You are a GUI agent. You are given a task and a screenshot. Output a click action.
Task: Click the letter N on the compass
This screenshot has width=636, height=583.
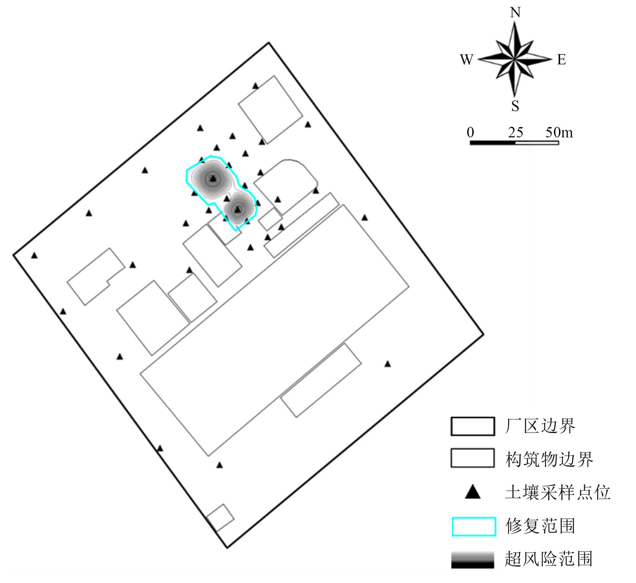pyautogui.click(x=515, y=13)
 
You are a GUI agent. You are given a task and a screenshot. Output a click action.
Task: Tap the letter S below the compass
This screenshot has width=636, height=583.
pyautogui.click(x=515, y=106)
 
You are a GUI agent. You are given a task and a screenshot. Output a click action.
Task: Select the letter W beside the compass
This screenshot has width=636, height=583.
pyautogui.click(x=467, y=60)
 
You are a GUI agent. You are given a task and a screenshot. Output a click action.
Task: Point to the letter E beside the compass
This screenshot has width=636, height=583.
pyautogui.click(x=561, y=60)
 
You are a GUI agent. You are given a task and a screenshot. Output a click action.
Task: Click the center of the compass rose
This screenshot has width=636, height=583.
pyautogui.click(x=515, y=59)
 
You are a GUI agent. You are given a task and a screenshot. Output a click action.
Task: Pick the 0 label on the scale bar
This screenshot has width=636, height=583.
pyautogui.click(x=470, y=132)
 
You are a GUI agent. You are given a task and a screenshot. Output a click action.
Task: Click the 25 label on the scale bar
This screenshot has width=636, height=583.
pyautogui.click(x=515, y=132)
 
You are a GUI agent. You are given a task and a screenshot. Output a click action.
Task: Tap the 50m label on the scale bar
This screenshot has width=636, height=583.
pyautogui.click(x=559, y=132)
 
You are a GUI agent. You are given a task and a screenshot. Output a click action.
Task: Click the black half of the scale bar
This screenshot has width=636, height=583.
pyautogui.click(x=492, y=143)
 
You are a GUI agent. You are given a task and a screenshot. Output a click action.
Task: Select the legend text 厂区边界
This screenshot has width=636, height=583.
pyautogui.click(x=540, y=426)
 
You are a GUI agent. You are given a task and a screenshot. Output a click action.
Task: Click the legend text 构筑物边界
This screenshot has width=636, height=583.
pyautogui.click(x=549, y=459)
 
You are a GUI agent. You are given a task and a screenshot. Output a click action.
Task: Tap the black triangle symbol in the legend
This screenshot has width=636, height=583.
pyautogui.click(x=473, y=492)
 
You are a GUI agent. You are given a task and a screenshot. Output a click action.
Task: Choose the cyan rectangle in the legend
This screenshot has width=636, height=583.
pyautogui.click(x=474, y=526)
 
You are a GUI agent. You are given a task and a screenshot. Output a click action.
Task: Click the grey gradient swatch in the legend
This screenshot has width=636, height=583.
pyautogui.click(x=473, y=560)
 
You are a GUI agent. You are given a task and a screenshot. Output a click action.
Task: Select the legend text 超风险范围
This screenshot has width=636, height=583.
pyautogui.click(x=549, y=559)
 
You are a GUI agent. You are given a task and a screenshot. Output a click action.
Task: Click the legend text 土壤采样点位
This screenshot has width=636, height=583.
pyautogui.click(x=558, y=492)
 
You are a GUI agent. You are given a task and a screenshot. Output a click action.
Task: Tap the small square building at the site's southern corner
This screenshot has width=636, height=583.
pyautogui.click(x=220, y=518)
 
